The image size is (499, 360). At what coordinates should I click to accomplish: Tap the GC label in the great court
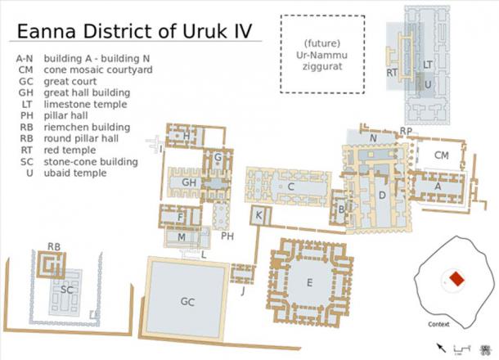pos(187,301)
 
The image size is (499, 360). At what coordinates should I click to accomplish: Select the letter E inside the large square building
pos(308,282)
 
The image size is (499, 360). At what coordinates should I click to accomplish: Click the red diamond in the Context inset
pos(456,280)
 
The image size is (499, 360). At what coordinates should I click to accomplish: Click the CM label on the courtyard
pos(441,155)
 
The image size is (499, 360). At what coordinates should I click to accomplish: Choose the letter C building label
pos(290,187)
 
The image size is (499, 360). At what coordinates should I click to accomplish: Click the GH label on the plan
pos(189,182)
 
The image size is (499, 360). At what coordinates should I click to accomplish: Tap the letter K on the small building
pos(258,215)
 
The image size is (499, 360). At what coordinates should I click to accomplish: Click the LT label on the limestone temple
pos(428,64)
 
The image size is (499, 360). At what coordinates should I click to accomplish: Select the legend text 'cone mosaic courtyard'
pos(106,70)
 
